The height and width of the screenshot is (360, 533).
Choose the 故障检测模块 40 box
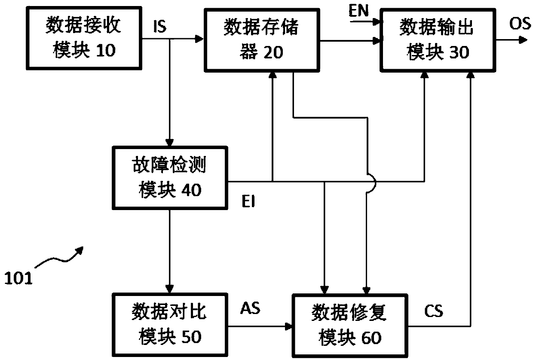click(170, 178)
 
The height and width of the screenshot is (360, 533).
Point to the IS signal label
click(160, 27)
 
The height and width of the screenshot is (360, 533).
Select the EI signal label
click(248, 201)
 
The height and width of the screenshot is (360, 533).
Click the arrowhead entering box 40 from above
click(170, 142)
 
